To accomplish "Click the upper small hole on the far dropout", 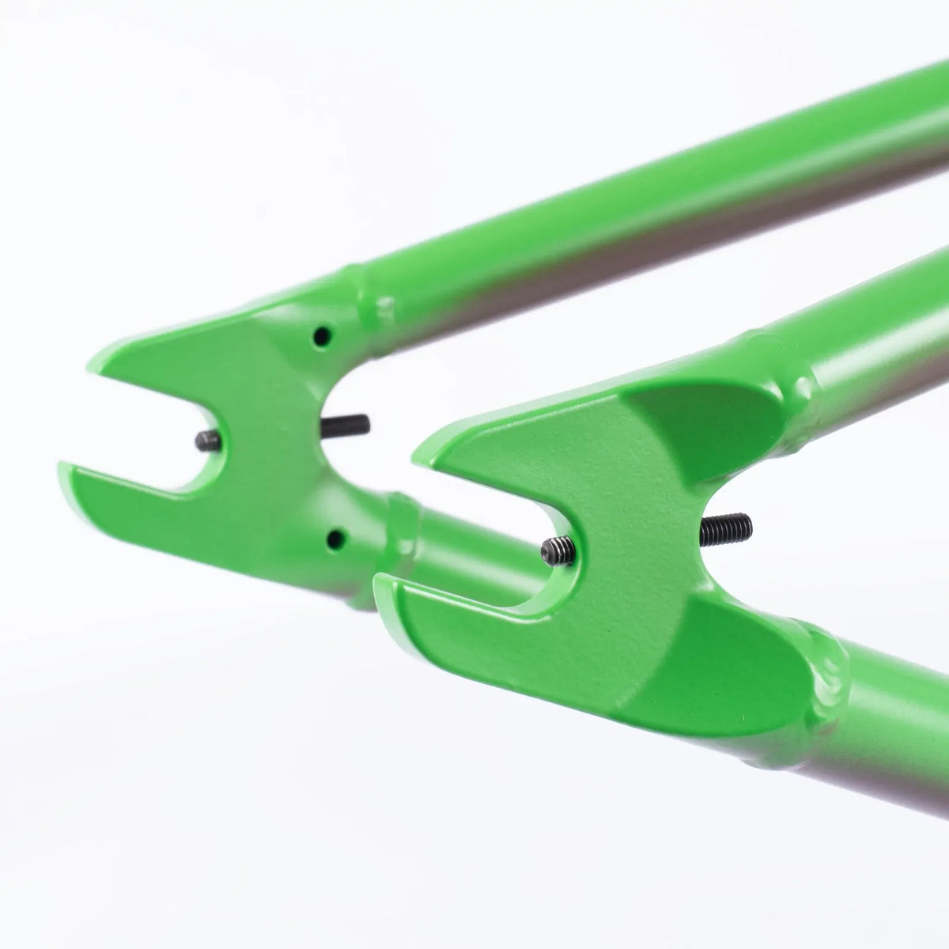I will [322, 335].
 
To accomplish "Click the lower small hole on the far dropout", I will [336, 540].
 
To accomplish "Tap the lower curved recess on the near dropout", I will [728, 648].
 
